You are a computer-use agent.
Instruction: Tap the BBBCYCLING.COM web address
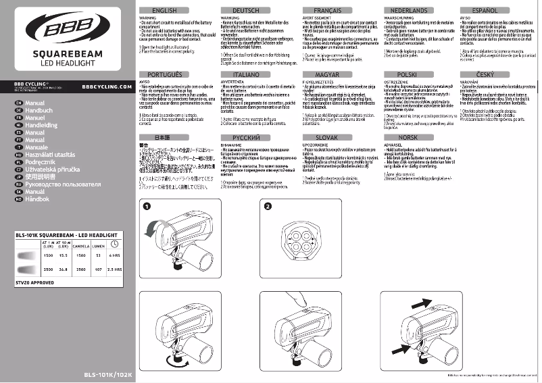(x=106, y=86)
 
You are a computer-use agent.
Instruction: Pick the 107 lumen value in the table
(x=98, y=270)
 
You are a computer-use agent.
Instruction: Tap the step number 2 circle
(x=268, y=206)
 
